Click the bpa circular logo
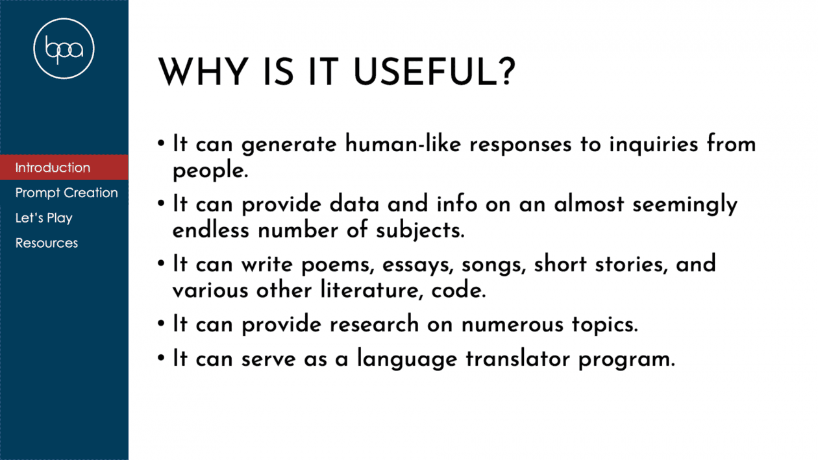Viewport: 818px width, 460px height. pos(64,49)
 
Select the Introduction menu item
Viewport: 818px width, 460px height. pos(53,167)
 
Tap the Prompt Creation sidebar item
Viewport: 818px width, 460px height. pos(66,193)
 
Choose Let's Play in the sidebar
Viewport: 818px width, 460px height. pos(44,218)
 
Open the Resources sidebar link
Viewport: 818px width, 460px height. pos(47,243)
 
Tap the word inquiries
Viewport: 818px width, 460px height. pos(653,145)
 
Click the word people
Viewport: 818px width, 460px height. pos(210,171)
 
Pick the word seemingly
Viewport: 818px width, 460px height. pos(685,205)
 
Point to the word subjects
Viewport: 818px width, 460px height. pos(420,231)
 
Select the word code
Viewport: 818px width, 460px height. pos(458,290)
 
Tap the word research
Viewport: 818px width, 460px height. pos(374,324)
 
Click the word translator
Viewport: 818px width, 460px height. pos(517,359)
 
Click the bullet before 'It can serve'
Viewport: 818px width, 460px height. pos(162,357)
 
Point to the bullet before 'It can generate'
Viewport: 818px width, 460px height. pos(162,143)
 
